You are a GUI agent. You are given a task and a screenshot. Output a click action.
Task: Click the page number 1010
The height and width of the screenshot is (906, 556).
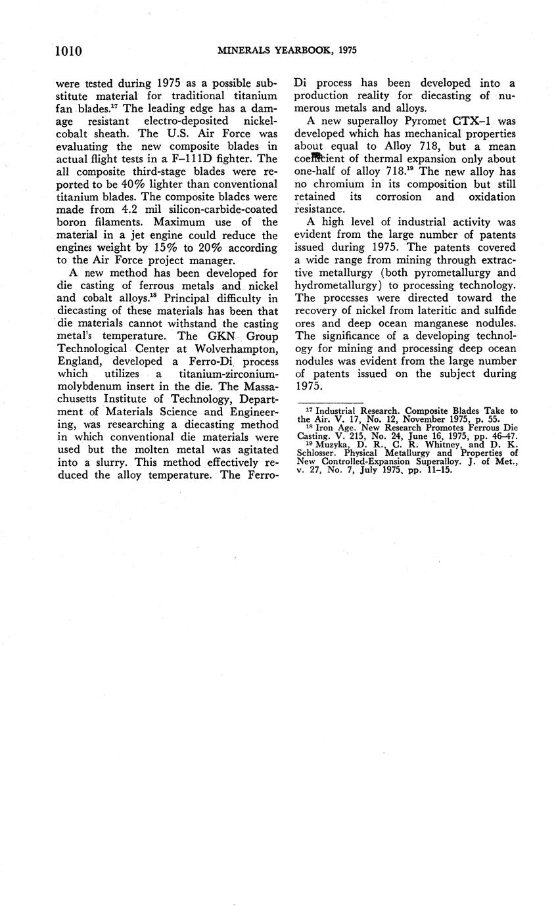tap(68, 51)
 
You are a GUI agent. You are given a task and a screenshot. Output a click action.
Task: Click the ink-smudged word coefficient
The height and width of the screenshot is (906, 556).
tap(321, 158)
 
